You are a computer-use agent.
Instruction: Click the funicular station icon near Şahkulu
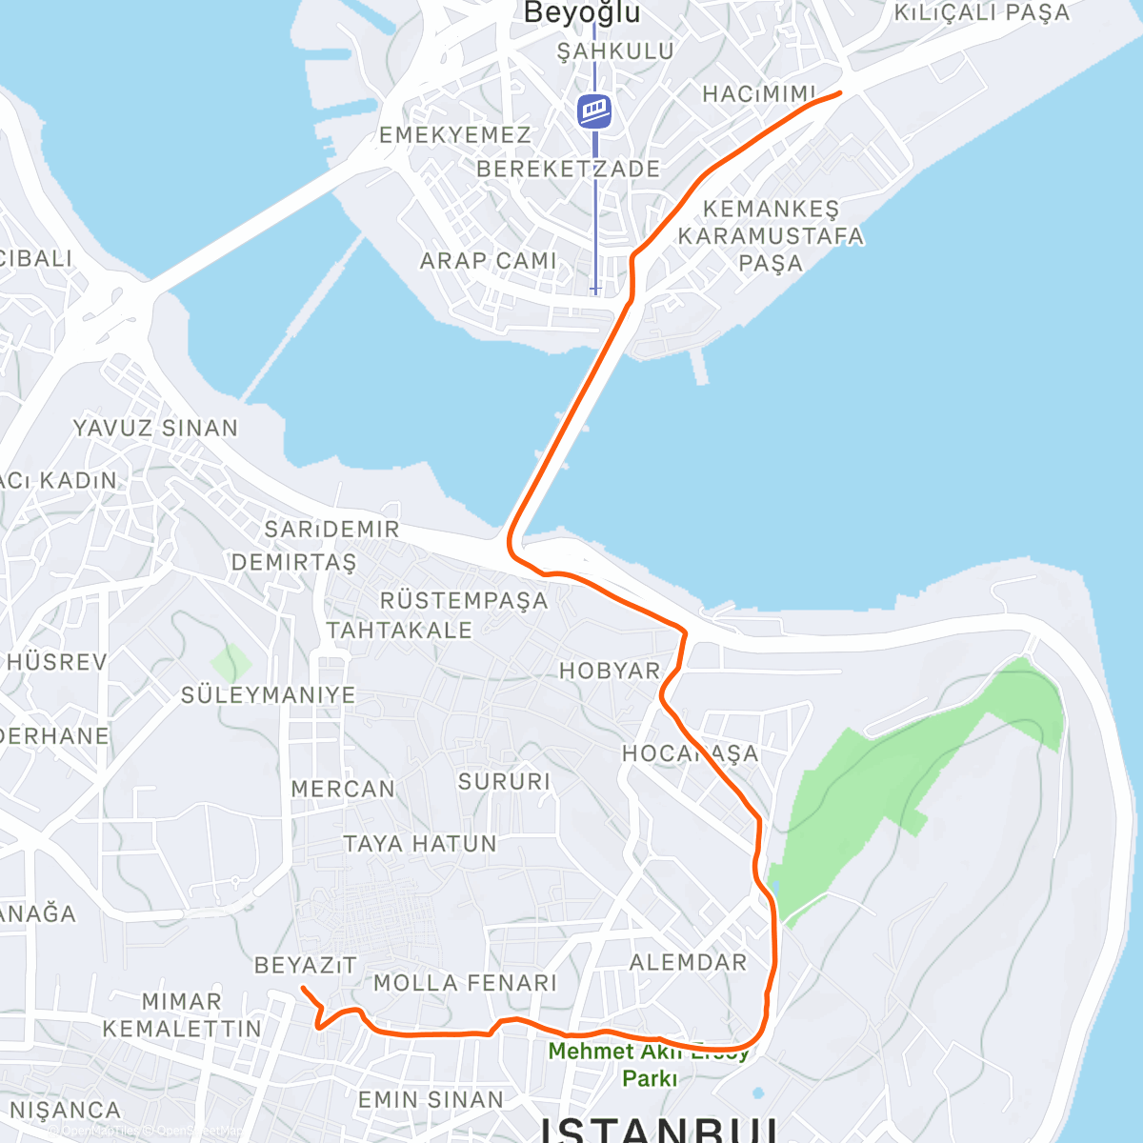pyautogui.click(x=594, y=110)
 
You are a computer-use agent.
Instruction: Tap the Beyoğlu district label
pyautogui.click(x=582, y=13)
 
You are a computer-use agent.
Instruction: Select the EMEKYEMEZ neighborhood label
pyautogui.click(x=454, y=135)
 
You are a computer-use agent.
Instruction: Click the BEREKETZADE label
pyautogui.click(x=568, y=170)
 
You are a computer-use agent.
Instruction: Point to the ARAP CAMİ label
pyautogui.click(x=489, y=260)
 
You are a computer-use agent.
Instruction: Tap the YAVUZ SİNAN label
pyautogui.click(x=156, y=429)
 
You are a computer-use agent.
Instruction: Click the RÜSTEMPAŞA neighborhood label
pyautogui.click(x=464, y=600)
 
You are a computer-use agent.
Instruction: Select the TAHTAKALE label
pyautogui.click(x=399, y=631)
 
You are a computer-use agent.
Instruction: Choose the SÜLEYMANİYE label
pyautogui.click(x=269, y=695)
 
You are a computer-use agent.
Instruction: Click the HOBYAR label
pyautogui.click(x=610, y=671)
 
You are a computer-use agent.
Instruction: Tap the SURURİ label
pyautogui.click(x=504, y=782)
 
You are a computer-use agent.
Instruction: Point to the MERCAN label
pyautogui.click(x=343, y=790)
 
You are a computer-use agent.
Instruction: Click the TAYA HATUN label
pyautogui.click(x=420, y=844)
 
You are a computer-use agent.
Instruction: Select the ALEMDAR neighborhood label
pyautogui.click(x=689, y=962)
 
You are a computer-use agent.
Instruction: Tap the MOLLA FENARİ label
pyautogui.click(x=465, y=983)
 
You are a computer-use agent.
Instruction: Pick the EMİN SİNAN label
pyautogui.click(x=431, y=1100)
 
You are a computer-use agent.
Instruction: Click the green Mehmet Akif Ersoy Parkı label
pyautogui.click(x=650, y=1065)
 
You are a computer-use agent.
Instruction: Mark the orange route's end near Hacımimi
pyautogui.click(x=839, y=92)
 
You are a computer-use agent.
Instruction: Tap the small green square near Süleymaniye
pyautogui.click(x=230, y=663)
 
